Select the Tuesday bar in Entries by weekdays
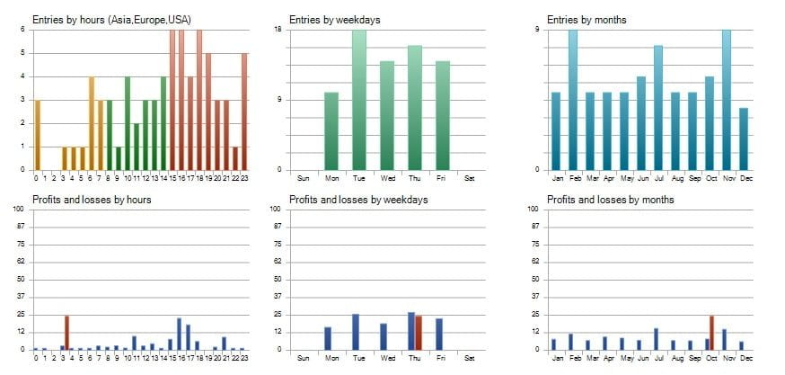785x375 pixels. coord(359,99)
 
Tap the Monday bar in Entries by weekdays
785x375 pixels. coord(331,130)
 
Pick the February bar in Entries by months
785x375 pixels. coord(572,99)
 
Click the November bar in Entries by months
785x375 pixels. coord(726,99)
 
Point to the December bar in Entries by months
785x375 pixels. coord(743,138)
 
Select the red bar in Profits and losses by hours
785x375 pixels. coord(66,333)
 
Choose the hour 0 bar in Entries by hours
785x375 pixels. coord(37,135)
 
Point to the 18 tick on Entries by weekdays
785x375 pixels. coord(278,30)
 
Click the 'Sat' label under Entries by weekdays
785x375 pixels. coord(470,177)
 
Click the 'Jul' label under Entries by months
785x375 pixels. coord(657,177)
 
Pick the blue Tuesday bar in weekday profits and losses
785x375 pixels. coord(356,332)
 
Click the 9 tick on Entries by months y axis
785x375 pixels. coord(538,30)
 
